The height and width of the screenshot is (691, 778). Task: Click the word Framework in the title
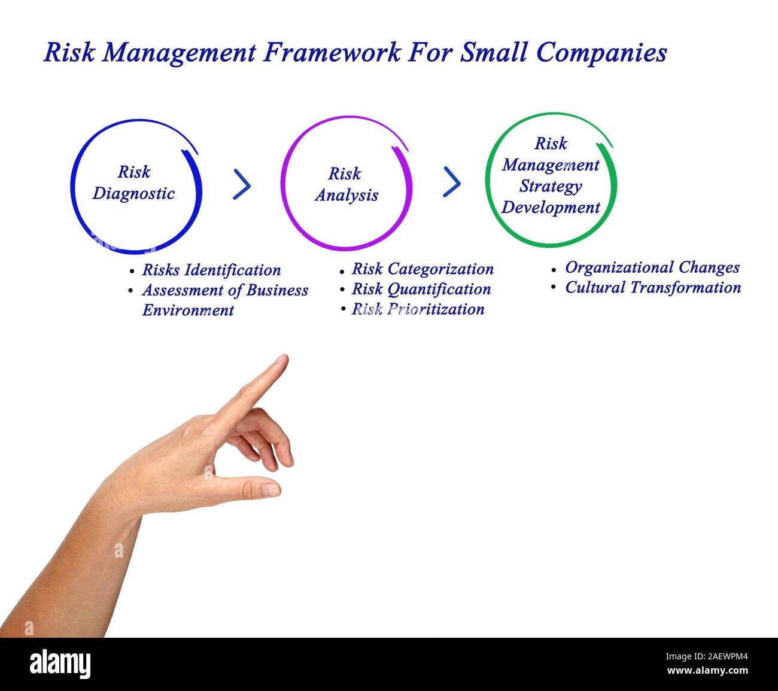[333, 53]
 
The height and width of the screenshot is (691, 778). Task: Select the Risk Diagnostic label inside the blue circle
[133, 182]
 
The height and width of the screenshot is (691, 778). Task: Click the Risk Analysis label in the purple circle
[346, 184]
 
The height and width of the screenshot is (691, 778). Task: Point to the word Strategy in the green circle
[550, 186]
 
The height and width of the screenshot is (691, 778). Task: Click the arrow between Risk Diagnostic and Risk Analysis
[241, 184]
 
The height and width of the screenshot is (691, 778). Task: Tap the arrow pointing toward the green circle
[451, 182]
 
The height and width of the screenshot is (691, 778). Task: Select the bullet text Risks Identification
[211, 270]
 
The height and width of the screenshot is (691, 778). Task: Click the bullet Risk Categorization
[423, 269]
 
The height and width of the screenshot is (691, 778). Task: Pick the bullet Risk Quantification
[421, 289]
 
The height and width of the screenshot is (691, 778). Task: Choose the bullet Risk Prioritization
[418, 309]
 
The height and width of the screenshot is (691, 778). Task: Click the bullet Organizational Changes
[652, 267]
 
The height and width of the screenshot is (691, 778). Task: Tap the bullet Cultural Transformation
[653, 287]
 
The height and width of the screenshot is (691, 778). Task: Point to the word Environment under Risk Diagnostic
[188, 310]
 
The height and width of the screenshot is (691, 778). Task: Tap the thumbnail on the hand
[270, 489]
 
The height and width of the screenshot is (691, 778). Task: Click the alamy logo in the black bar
[60, 665]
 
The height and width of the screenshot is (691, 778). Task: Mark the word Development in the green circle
[551, 208]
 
